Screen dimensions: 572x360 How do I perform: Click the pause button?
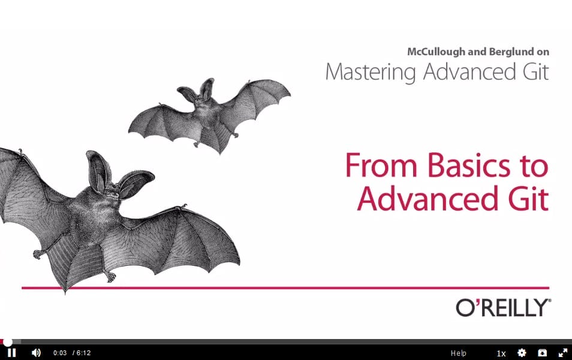(11, 353)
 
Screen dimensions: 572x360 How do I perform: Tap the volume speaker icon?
(36, 353)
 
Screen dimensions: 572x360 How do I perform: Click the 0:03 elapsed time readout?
(60, 353)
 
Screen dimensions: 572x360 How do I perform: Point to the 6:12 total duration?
(83, 353)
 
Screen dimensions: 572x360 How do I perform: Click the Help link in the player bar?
(458, 353)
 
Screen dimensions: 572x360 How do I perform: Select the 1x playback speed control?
(501, 353)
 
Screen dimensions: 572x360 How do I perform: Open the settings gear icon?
(522, 353)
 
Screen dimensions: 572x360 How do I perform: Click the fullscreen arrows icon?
(563, 353)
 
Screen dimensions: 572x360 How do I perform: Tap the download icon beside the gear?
(543, 353)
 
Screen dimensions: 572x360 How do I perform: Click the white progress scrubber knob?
(8, 342)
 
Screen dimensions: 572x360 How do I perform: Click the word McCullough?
(436, 52)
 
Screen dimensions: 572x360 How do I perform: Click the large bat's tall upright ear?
(97, 171)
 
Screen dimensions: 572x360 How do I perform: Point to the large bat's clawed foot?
(109, 276)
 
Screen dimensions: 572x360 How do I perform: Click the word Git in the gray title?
(535, 71)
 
